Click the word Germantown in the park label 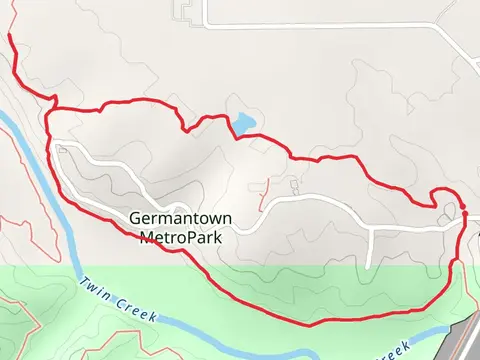click(x=175, y=220)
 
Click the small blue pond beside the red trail click(x=243, y=124)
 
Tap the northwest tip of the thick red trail click(x=10, y=35)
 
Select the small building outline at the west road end click(x=63, y=149)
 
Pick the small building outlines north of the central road click(x=292, y=187)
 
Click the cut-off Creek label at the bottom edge click(x=396, y=351)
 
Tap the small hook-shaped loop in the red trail click(x=441, y=198)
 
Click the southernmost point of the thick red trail click(x=310, y=324)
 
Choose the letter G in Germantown click(x=134, y=220)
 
